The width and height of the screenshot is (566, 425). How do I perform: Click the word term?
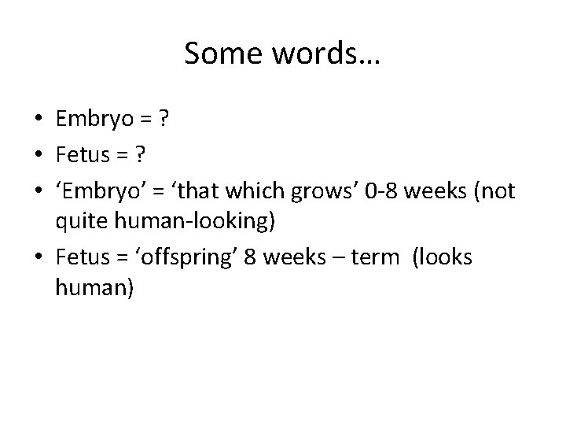coord(373,257)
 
